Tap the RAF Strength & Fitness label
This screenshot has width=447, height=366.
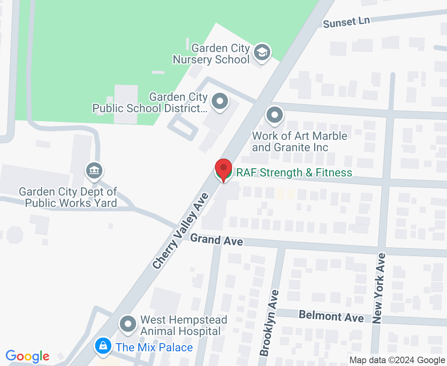click(294, 173)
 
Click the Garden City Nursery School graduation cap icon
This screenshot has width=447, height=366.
click(262, 52)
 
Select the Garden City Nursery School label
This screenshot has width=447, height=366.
click(211, 54)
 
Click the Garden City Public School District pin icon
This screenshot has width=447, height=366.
click(220, 102)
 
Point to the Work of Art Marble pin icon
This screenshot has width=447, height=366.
click(275, 115)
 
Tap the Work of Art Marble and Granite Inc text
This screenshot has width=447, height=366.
click(299, 142)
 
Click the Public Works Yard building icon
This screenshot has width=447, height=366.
click(94, 170)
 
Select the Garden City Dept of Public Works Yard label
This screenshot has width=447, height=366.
click(68, 197)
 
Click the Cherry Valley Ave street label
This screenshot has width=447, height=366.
click(181, 231)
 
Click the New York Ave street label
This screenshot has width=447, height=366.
click(379, 288)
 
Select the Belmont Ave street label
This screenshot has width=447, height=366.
click(331, 316)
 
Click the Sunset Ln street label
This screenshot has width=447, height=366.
click(346, 22)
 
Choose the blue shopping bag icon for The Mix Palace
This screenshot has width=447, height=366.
click(104, 346)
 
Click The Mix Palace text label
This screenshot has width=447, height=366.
click(154, 347)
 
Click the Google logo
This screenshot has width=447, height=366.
click(27, 357)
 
